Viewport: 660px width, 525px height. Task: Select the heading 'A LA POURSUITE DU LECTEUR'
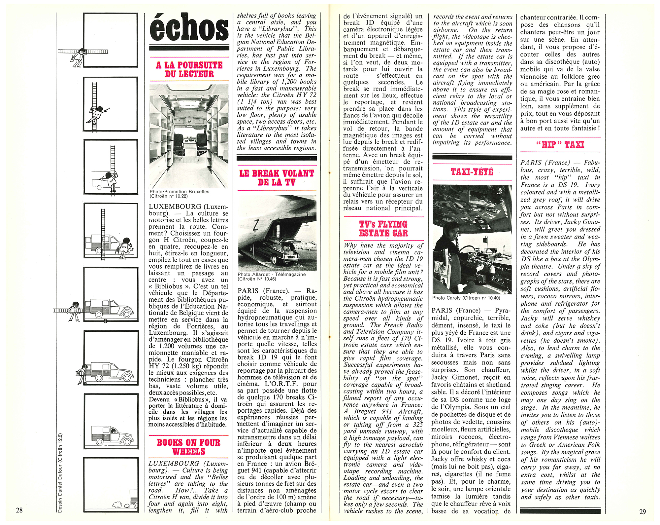189,69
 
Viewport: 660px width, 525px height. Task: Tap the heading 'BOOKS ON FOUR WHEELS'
188,447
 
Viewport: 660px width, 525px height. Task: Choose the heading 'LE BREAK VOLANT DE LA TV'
277,178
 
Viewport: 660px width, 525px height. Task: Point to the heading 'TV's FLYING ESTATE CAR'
383,229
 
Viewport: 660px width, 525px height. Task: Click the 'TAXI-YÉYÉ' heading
472,172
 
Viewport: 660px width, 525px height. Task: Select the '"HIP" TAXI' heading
560,145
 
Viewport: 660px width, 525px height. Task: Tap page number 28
19,510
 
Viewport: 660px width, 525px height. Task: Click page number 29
642,512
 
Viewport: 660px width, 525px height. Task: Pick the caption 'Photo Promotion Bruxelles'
179,192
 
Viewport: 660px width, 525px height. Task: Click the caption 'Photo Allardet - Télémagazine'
272,274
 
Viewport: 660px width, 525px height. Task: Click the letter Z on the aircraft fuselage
256,225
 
